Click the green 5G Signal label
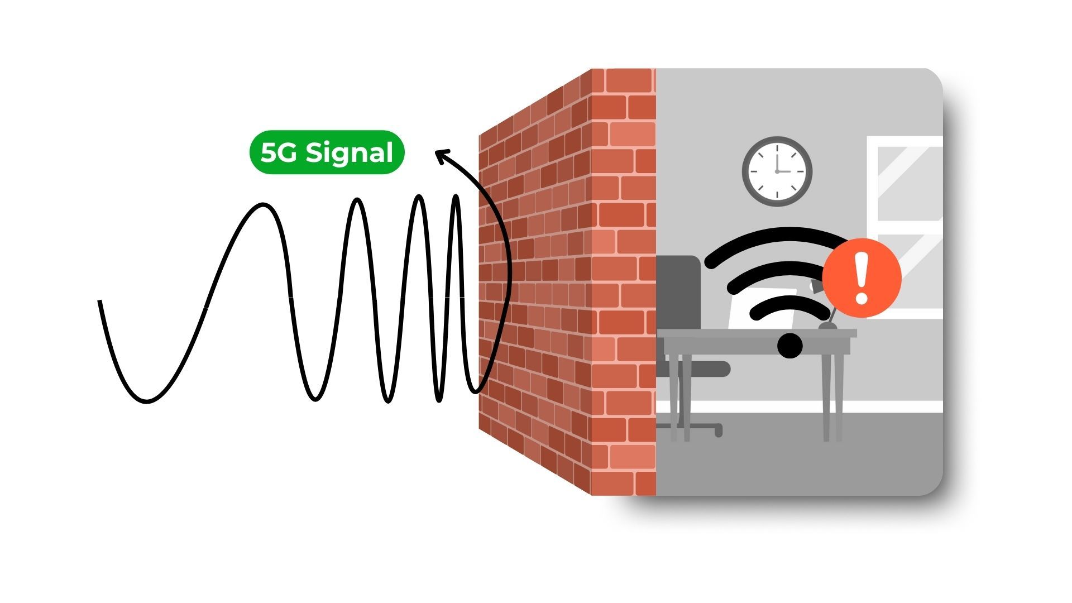pos(327,152)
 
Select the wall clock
pos(777,171)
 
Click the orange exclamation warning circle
pos(862,278)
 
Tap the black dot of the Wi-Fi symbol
pos(789,346)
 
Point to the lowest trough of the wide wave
pos(146,400)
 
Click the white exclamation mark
pos(862,277)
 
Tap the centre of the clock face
pos(777,171)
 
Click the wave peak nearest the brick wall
pos(457,198)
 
